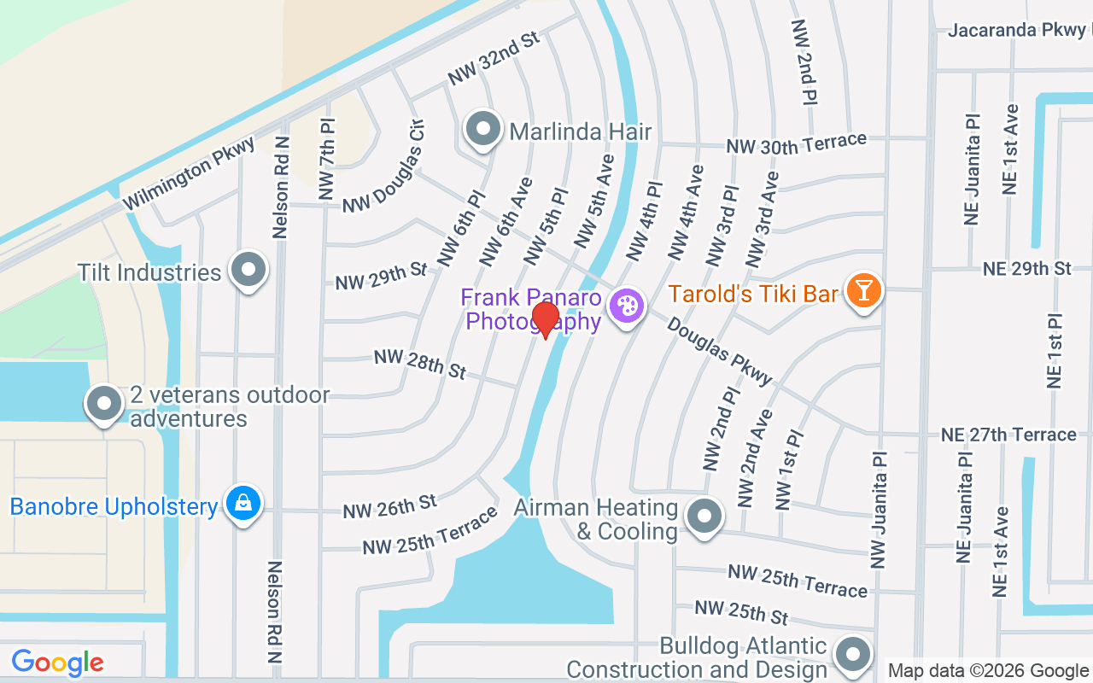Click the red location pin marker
click(545, 319)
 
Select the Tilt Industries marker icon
click(249, 271)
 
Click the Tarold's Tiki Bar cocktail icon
click(862, 291)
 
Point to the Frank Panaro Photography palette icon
click(626, 306)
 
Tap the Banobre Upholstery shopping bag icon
click(243, 504)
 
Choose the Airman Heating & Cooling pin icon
click(704, 516)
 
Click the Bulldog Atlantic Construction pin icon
click(851, 655)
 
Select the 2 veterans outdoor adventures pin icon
click(104, 403)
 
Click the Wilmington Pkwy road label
click(189, 174)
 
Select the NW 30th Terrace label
click(796, 143)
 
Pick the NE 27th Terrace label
click(1008, 435)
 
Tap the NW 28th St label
click(420, 365)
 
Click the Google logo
click(57, 662)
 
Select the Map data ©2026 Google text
click(988, 671)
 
